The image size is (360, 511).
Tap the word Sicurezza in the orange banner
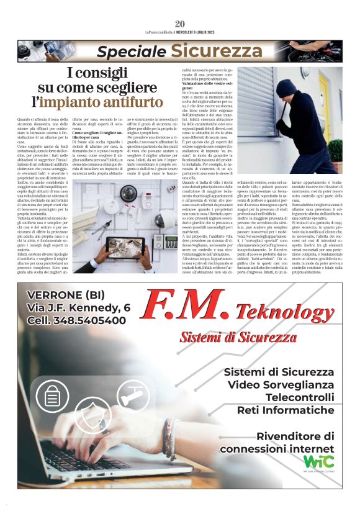click(x=217, y=51)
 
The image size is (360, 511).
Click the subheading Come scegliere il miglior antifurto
click(x=99, y=133)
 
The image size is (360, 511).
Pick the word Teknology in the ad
click(x=285, y=312)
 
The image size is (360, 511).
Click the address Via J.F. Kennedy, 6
click(x=79, y=307)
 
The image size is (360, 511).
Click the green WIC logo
click(x=318, y=462)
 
